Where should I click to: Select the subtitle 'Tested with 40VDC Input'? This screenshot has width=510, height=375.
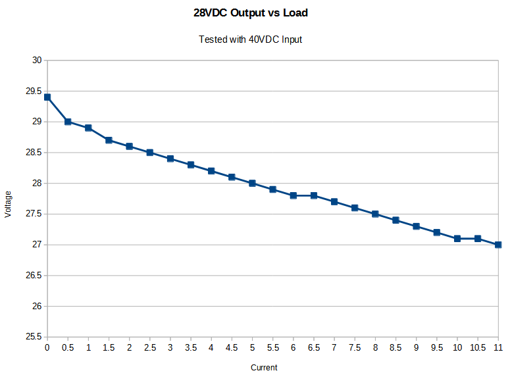pyautogui.click(x=250, y=39)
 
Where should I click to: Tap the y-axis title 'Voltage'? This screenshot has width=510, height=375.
pyautogui.click(x=8, y=204)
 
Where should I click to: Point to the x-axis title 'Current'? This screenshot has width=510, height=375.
pyautogui.click(x=264, y=368)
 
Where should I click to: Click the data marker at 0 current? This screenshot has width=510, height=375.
pyautogui.click(x=47, y=97)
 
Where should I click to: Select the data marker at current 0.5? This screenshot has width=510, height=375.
pyautogui.click(x=68, y=122)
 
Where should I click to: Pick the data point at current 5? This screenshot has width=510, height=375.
pyautogui.click(x=252, y=184)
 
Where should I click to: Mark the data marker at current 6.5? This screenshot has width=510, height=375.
pyautogui.click(x=314, y=195)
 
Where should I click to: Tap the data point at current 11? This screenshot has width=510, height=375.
pyautogui.click(x=498, y=245)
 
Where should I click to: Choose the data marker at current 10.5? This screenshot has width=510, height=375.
pyautogui.click(x=478, y=239)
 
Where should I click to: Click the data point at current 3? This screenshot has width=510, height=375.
pyautogui.click(x=170, y=159)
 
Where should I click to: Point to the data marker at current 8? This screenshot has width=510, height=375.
pyautogui.click(x=375, y=214)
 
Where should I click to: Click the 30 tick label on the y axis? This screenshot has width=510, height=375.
pyautogui.click(x=36, y=61)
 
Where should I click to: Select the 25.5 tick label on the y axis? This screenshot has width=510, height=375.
pyautogui.click(x=34, y=337)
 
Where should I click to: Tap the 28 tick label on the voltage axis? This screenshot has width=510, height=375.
pyautogui.click(x=36, y=184)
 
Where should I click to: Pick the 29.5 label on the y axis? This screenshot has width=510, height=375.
pyautogui.click(x=34, y=91)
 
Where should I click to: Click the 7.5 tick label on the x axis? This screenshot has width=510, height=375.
pyautogui.click(x=355, y=347)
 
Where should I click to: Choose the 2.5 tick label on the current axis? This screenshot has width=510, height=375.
pyautogui.click(x=150, y=347)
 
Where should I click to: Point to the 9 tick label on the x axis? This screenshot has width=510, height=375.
pyautogui.click(x=416, y=347)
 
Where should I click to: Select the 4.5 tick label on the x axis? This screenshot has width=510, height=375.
pyautogui.click(x=232, y=347)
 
